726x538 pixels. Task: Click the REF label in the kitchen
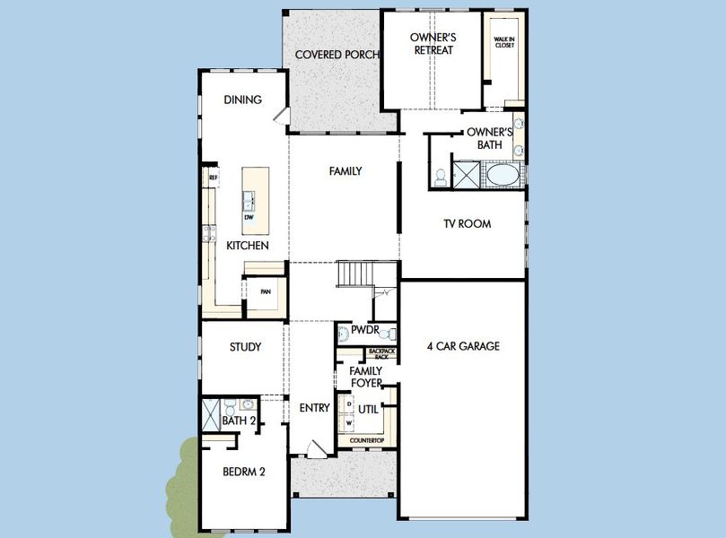pos(213,178)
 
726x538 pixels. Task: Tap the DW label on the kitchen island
pos(249,216)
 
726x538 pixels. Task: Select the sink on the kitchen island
pos(248,199)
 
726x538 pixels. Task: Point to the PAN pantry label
pos(265,291)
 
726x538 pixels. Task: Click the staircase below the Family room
pos(355,273)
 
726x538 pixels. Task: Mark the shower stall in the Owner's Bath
pos(467,174)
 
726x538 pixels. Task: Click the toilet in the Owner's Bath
pos(441,177)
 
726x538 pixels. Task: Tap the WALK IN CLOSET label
pos(504,42)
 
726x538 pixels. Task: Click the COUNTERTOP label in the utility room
pos(367,440)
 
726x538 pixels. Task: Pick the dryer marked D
pos(349,404)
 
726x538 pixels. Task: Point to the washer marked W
pos(349,422)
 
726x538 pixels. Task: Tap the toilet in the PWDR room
pos(343,334)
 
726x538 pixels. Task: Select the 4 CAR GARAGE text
pos(463,346)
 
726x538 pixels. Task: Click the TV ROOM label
pos(467,224)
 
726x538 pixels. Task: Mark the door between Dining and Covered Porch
pos(284,116)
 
